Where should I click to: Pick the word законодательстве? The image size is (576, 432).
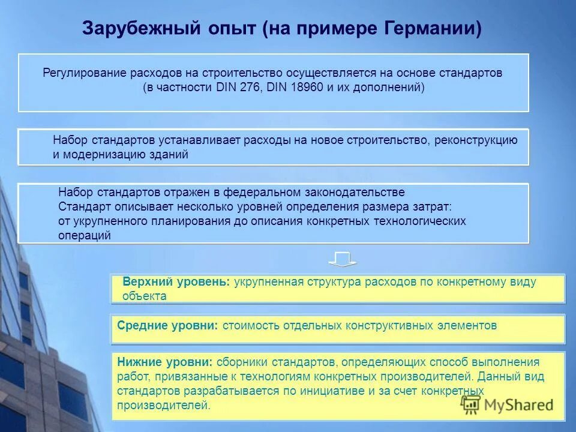(x=356, y=192)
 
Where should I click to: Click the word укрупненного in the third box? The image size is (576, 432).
(x=109, y=221)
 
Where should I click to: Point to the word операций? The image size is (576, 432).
(x=85, y=235)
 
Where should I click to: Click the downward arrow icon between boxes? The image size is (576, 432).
(x=342, y=260)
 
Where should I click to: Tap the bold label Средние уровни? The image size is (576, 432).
(x=168, y=325)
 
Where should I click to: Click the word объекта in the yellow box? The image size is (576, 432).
(x=144, y=295)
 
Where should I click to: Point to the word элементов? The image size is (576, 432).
(x=467, y=325)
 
